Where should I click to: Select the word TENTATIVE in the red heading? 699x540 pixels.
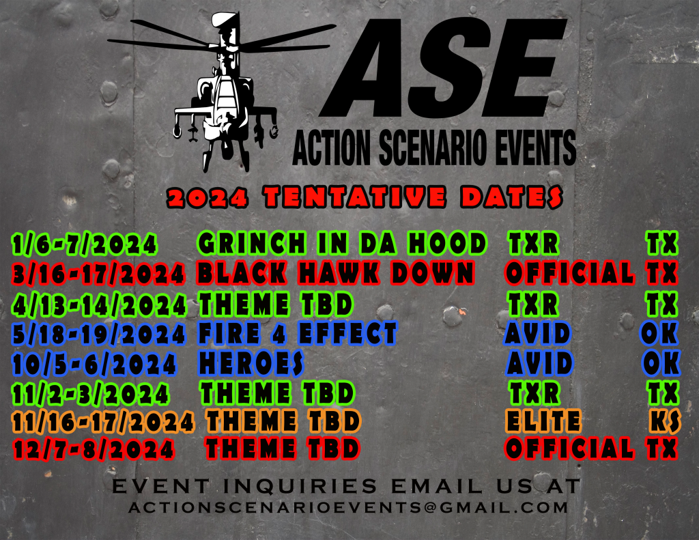tap(354, 197)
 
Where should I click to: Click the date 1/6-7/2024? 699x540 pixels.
tap(84, 244)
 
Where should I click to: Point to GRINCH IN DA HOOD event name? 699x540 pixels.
tap(342, 243)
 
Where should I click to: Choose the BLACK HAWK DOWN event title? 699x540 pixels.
tap(335, 272)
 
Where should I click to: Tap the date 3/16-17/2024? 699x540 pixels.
tap(98, 273)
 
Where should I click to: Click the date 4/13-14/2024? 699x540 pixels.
tap(99, 305)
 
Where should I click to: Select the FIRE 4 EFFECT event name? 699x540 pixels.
tap(298, 334)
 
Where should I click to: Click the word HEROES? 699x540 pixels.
tap(251, 363)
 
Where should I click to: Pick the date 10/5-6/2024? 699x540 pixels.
tap(94, 364)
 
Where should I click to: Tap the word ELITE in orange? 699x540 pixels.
tap(543, 421)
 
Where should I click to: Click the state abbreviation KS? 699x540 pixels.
tap(665, 421)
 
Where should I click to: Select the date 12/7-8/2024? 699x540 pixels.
tap(94, 449)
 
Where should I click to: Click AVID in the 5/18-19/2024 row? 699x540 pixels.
tap(538, 334)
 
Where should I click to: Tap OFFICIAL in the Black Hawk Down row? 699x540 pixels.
tap(569, 272)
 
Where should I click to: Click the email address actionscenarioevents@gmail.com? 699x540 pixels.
tap(348, 507)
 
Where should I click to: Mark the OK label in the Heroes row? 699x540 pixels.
tap(661, 363)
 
